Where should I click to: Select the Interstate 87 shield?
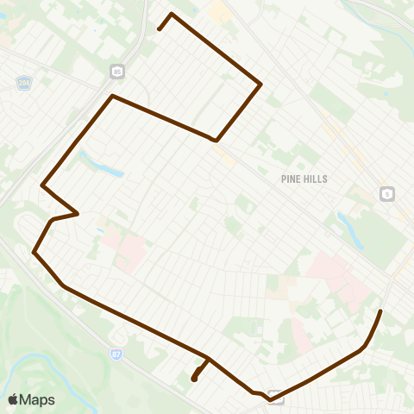click(x=116, y=354)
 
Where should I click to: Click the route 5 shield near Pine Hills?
click(x=387, y=194)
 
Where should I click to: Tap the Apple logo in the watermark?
click(x=14, y=399)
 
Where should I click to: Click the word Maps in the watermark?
click(x=38, y=399)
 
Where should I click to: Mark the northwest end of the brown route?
click(x=160, y=29)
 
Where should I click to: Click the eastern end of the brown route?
click(x=381, y=310)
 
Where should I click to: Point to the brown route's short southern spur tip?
click(x=194, y=379)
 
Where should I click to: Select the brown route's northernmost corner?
click(x=172, y=14)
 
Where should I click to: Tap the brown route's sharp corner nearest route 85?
click(x=112, y=96)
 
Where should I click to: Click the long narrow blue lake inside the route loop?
click(x=101, y=163)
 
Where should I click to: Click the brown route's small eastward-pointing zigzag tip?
click(x=78, y=212)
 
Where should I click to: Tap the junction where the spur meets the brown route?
click(x=208, y=358)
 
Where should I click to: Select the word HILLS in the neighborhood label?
click(x=313, y=179)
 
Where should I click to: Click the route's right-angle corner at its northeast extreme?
click(x=260, y=84)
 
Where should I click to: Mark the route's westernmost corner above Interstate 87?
click(x=34, y=253)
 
